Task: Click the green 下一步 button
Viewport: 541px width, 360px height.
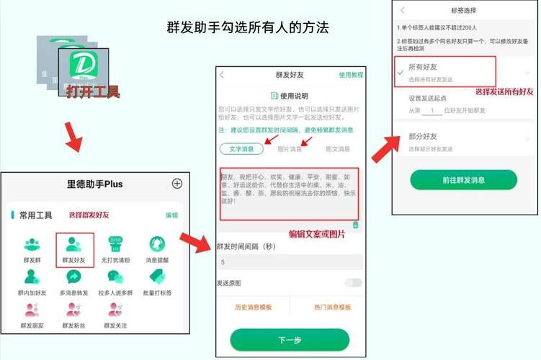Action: point(289,339)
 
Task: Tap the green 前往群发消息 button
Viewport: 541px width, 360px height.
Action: point(463,180)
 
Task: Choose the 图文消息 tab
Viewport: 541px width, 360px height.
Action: point(337,149)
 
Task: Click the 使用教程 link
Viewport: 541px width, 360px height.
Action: point(351,75)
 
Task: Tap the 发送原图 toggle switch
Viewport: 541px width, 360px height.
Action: point(353,283)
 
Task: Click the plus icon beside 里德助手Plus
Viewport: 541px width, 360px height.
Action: point(177,184)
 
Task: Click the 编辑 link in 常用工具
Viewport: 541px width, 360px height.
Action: point(171,215)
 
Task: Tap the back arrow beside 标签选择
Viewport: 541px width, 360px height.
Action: point(402,10)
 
